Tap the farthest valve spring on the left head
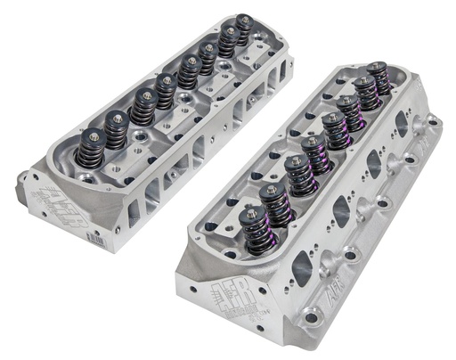coord(243,32)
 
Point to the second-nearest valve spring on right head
coord(277,202)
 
